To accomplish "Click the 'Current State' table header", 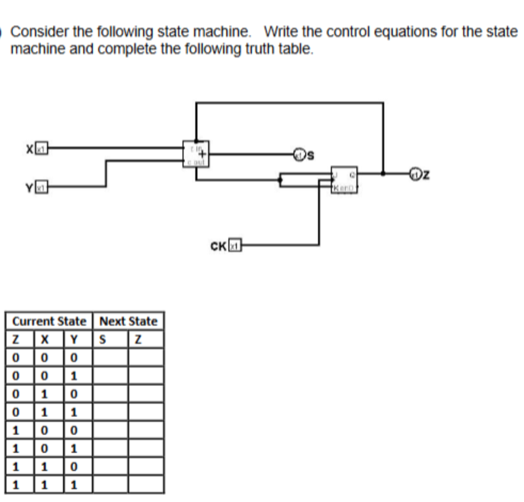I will coord(49,321).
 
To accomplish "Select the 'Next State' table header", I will coord(129,321).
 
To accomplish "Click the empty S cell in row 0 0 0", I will coord(110,357).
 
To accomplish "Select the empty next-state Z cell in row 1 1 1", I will coord(145,485).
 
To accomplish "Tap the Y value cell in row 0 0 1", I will coord(75,375).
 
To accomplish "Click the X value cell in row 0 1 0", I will coord(46,394).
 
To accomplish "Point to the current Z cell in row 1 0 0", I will coord(15,430).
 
